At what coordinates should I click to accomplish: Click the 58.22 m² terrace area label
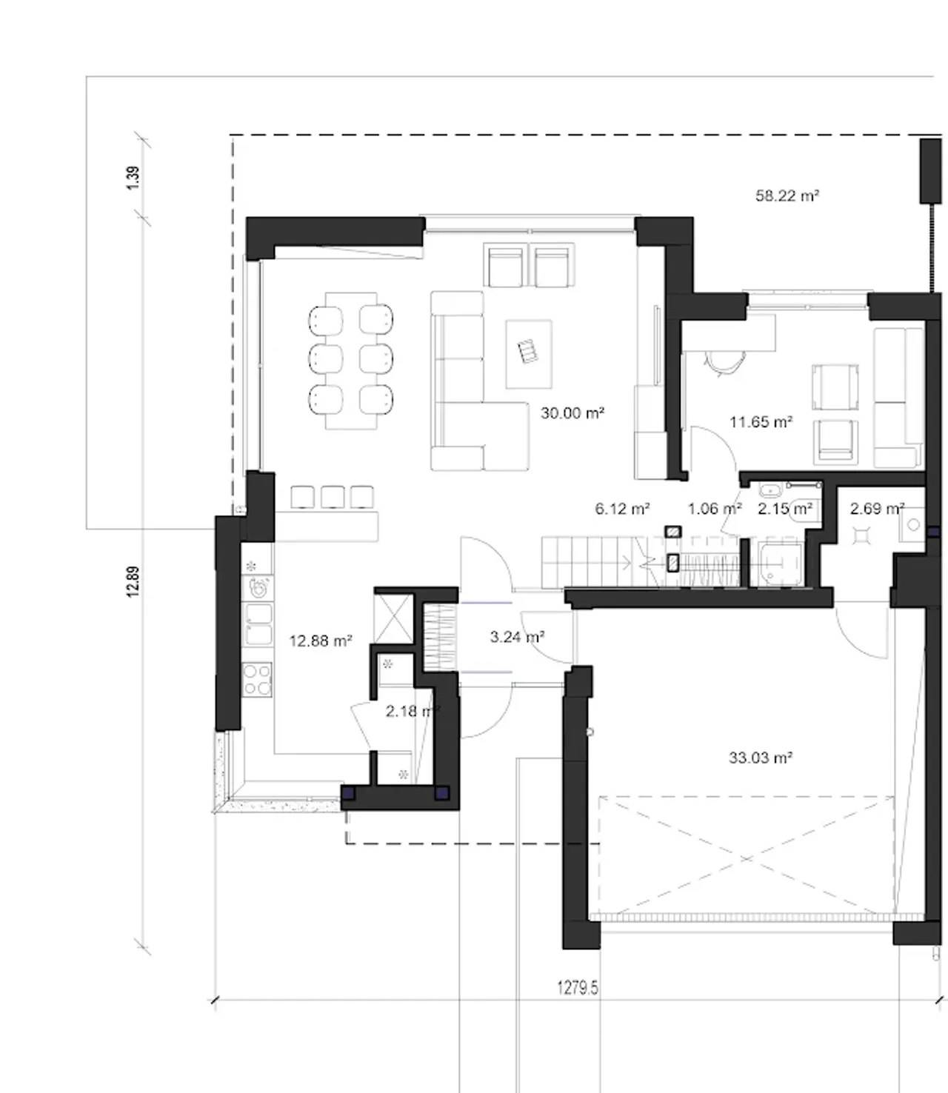787,196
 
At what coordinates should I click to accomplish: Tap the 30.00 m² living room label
573,413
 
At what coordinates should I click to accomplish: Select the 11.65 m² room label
761,422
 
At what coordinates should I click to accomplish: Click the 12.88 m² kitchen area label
321,641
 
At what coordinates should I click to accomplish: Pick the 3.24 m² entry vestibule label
518,637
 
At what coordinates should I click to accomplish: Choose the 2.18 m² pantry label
413,711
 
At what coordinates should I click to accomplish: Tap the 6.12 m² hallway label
622,509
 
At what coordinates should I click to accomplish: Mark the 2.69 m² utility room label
877,509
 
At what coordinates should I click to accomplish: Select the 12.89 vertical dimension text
133,581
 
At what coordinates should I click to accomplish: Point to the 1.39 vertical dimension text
133,178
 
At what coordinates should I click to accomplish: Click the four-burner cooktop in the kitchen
257,680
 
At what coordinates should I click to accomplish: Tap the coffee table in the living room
529,354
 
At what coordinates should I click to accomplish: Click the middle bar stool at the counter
333,497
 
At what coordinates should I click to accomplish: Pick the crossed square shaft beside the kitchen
393,618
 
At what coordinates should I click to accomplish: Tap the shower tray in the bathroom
781,564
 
